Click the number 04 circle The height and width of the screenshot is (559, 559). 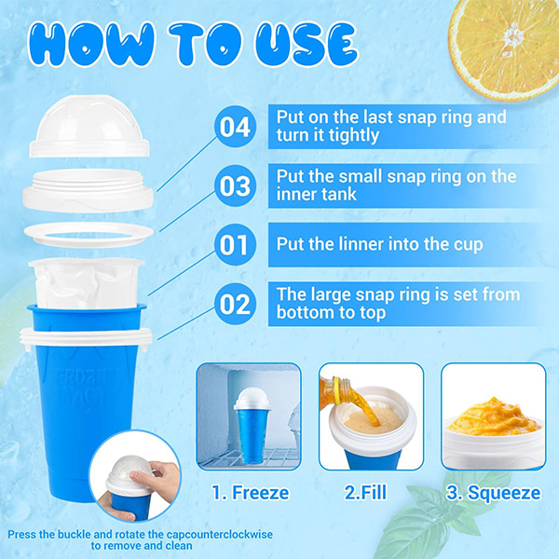click(x=235, y=127)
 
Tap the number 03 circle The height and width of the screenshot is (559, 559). click(x=235, y=185)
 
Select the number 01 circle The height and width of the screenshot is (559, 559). click(x=235, y=244)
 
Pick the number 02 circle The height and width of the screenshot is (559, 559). click(x=235, y=304)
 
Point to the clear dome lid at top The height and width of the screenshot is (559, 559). click(x=89, y=127)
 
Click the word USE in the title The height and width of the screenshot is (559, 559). click(x=307, y=45)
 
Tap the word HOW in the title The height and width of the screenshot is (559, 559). click(x=91, y=45)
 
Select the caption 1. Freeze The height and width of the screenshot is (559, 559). click(x=251, y=493)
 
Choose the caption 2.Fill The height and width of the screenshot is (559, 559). click(x=366, y=493)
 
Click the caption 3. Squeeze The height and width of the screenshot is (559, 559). click(x=494, y=493)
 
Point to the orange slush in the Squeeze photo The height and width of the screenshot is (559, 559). click(x=494, y=417)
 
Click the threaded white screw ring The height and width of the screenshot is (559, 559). click(x=89, y=191)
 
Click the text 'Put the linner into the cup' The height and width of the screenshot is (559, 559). click(x=380, y=244)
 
